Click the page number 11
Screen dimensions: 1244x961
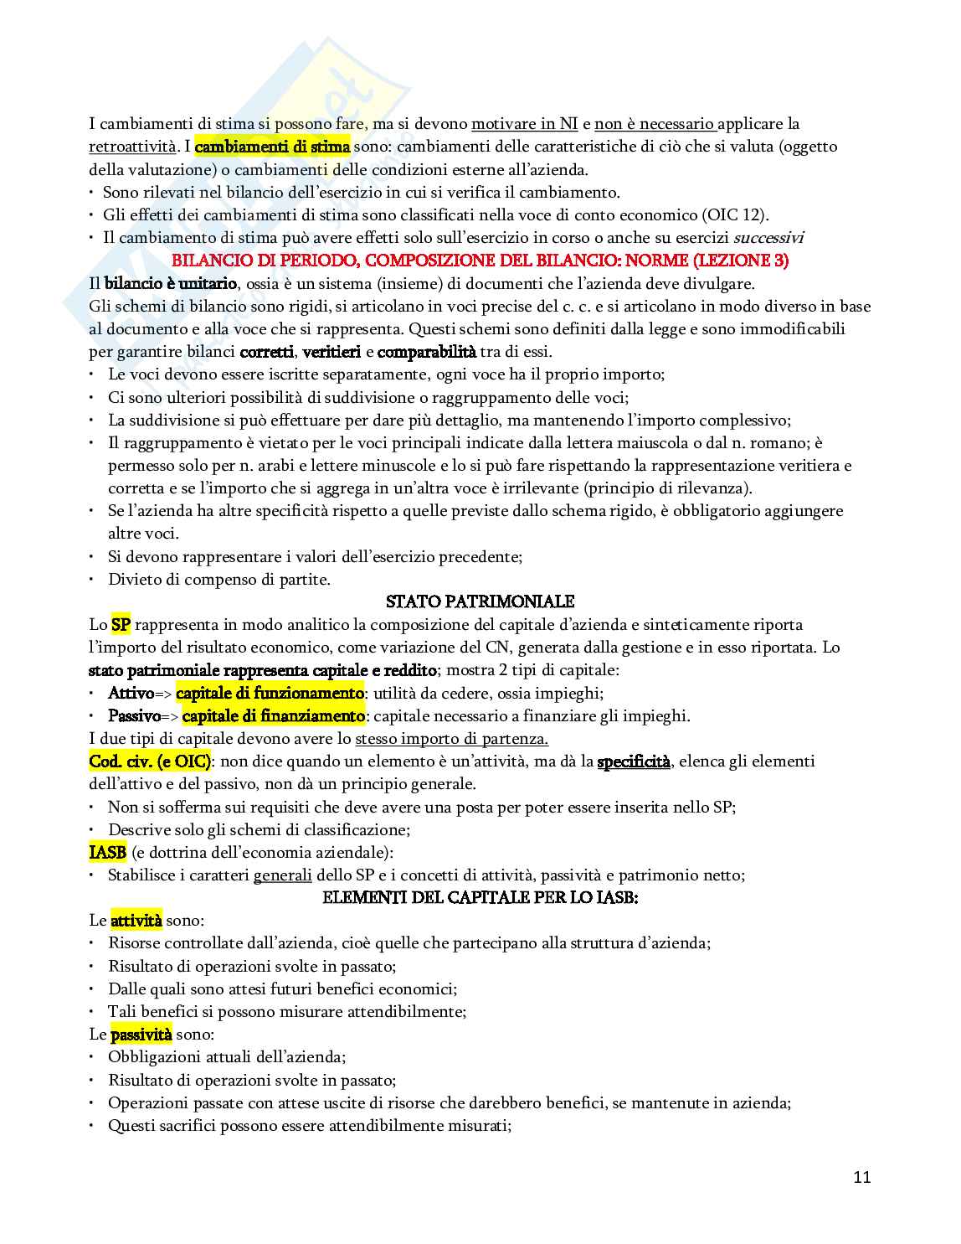pos(862,1177)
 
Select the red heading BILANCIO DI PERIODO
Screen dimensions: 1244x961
pos(480,261)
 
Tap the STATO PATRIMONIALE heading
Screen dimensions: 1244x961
pos(480,601)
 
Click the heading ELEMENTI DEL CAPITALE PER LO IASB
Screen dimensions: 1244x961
pos(480,897)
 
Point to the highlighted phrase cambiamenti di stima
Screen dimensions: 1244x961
pos(272,147)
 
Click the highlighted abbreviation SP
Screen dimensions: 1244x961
pos(121,624)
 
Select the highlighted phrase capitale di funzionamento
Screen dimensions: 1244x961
pos(270,693)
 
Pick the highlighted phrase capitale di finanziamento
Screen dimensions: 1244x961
pos(273,715)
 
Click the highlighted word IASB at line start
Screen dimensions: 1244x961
pos(108,852)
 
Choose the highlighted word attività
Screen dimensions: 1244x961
pos(136,920)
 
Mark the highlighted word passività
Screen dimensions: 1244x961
pos(141,1034)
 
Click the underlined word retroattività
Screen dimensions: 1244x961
pos(132,147)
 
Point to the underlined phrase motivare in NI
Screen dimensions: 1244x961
pos(524,124)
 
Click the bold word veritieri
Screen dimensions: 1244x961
pos(331,352)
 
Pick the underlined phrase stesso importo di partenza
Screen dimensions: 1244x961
pos(452,739)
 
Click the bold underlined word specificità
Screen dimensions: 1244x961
pos(634,761)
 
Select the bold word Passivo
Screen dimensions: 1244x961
pos(134,715)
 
